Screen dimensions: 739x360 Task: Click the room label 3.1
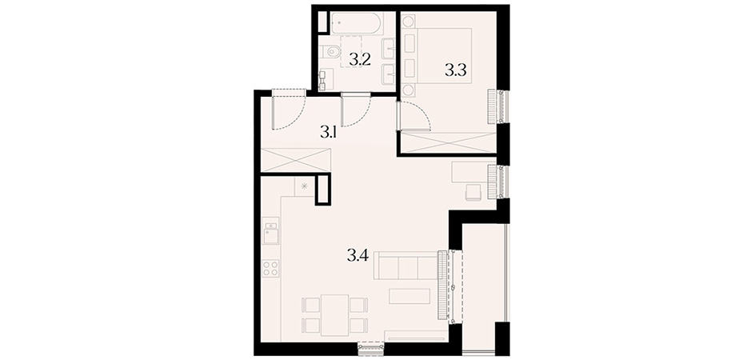click(x=328, y=133)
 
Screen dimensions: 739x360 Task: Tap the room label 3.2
click(x=360, y=60)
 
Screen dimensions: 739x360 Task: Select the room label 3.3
click(x=456, y=71)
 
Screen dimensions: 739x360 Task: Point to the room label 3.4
click(x=358, y=256)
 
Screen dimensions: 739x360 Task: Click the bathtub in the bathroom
click(x=357, y=22)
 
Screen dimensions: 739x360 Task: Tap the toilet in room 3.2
click(x=332, y=51)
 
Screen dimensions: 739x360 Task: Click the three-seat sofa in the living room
click(x=407, y=266)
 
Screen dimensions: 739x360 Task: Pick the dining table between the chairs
click(x=334, y=315)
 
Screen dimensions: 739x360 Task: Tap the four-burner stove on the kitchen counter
click(x=270, y=268)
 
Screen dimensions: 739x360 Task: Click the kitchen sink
click(x=271, y=234)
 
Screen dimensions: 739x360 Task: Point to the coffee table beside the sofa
click(x=409, y=296)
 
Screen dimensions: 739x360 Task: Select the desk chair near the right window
click(x=473, y=192)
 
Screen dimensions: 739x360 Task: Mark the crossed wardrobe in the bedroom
click(x=449, y=142)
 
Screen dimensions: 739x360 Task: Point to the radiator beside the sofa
click(x=442, y=285)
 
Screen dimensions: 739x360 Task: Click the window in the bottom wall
click(x=371, y=348)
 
